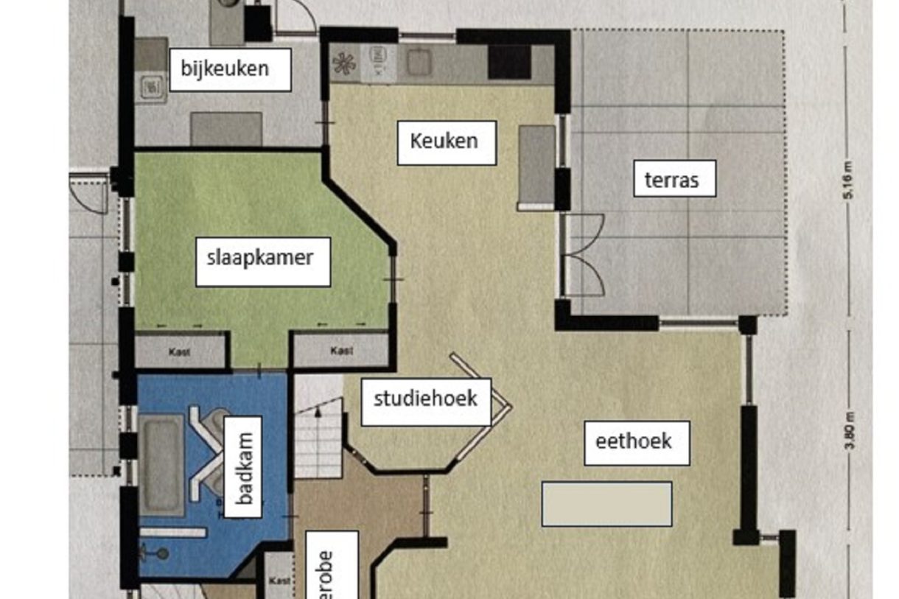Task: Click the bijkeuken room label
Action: click(230, 69)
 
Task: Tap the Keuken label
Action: click(447, 141)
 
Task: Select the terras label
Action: click(674, 179)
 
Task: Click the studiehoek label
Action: click(426, 400)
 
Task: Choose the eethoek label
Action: click(637, 442)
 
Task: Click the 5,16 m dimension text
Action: click(850, 180)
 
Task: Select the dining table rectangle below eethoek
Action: click(606, 504)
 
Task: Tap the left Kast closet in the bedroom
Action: click(180, 351)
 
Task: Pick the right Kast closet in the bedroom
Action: click(341, 351)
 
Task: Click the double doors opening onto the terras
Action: click(583, 255)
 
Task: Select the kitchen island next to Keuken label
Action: click(537, 167)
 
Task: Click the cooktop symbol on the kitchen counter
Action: click(344, 64)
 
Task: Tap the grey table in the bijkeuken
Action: click(226, 128)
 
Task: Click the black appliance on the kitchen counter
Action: click(509, 62)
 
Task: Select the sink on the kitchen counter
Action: click(417, 63)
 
